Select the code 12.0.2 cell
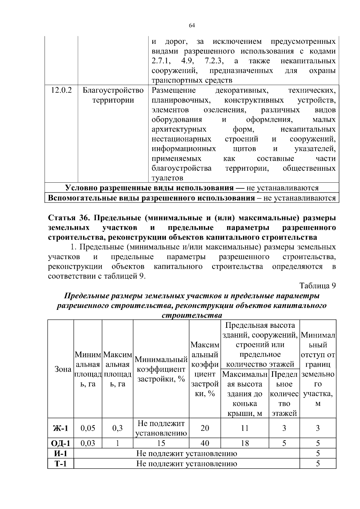coord(61,90)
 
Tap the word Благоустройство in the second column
coord(113,90)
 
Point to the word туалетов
coord(167,178)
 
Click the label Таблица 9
coord(317,286)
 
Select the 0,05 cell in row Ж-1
coord(88,428)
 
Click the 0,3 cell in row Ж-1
coord(117,428)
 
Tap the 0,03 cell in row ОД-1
coord(88,443)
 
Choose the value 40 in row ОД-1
coord(205,443)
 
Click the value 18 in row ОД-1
coord(245,443)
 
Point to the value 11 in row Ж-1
coord(245,428)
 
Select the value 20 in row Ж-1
coord(205,428)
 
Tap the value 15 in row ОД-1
coord(161,443)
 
